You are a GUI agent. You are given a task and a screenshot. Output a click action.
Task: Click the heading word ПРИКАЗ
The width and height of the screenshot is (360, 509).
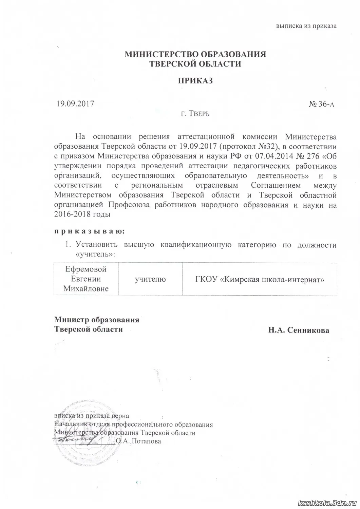[195, 81]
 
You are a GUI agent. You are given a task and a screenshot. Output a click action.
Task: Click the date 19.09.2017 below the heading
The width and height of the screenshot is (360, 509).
[75, 103]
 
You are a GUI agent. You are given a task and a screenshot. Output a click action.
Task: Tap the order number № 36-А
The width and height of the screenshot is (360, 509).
[321, 104]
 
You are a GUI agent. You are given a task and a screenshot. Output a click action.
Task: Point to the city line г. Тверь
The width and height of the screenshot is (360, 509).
[195, 113]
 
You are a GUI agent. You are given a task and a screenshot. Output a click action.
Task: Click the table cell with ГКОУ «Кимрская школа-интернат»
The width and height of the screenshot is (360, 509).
[260, 279]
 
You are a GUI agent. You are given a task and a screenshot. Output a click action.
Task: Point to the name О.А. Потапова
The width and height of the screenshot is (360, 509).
[138, 441]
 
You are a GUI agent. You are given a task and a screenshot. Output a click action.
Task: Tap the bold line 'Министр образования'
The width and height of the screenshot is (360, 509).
[97, 320]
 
